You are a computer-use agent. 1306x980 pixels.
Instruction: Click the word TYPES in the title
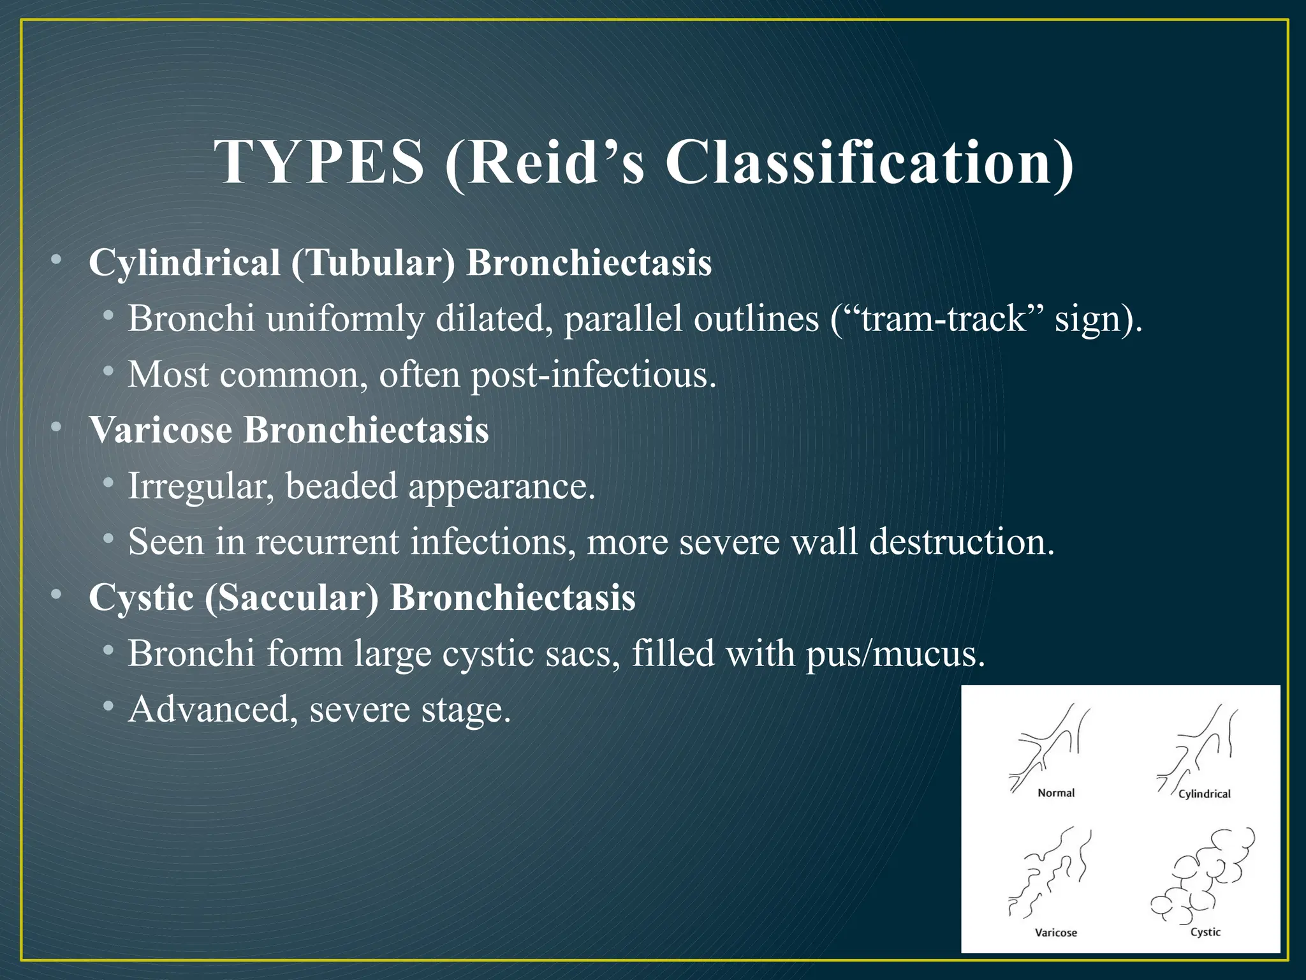319,163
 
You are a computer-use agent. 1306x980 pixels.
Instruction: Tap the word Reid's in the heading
545,163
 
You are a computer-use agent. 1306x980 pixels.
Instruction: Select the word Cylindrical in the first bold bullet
184,262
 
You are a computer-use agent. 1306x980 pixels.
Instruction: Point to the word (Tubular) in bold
373,262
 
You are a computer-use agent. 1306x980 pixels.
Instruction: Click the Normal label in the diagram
1056,793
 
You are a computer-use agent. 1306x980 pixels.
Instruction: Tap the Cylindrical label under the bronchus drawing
1204,794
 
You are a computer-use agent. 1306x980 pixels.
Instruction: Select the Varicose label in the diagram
1055,933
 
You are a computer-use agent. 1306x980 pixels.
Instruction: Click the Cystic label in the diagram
1205,932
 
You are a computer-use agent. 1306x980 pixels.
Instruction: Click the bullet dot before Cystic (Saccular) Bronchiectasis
57,595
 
